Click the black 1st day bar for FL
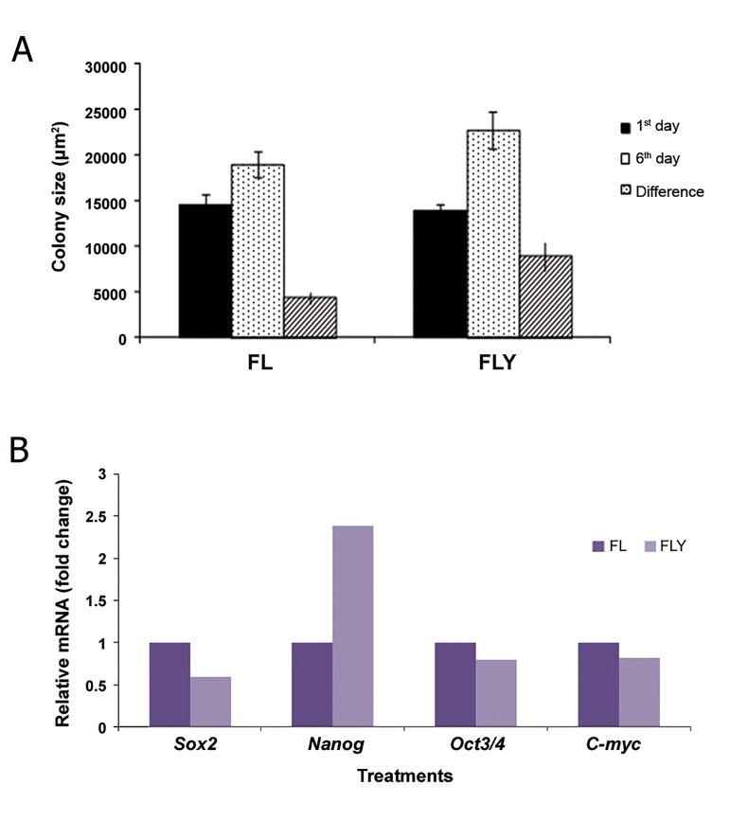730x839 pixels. click(x=205, y=271)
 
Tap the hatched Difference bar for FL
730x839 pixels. click(x=310, y=317)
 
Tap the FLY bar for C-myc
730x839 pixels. click(x=638, y=692)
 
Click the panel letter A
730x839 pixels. click(x=22, y=50)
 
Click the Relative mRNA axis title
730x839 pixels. click(x=63, y=603)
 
